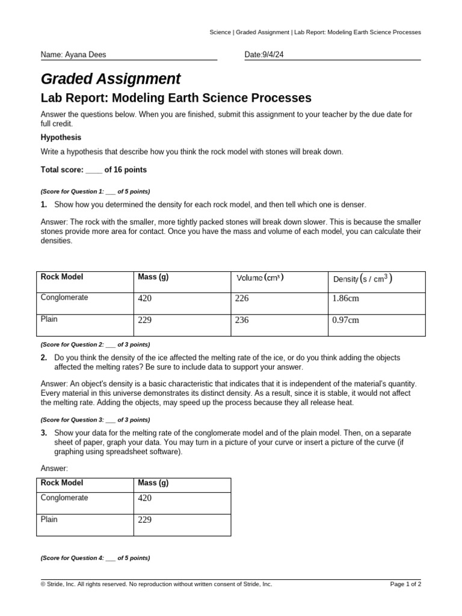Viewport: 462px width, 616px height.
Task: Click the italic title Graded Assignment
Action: (110, 79)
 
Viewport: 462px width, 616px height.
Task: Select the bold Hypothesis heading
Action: (61, 137)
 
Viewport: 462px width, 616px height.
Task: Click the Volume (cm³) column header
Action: (259, 277)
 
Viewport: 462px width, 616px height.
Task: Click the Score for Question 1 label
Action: (95, 191)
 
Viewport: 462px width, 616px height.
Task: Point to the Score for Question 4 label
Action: (95, 558)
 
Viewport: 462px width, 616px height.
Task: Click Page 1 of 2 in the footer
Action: (405, 584)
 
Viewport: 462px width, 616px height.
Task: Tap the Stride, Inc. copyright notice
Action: (156, 584)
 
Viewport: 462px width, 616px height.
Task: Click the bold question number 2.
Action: (44, 357)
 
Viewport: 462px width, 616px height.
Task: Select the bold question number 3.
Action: (44, 433)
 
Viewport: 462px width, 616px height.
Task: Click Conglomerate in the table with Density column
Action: (64, 297)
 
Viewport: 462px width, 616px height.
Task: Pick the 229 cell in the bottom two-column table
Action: (145, 520)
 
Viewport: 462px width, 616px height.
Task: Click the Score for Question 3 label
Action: (95, 419)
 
